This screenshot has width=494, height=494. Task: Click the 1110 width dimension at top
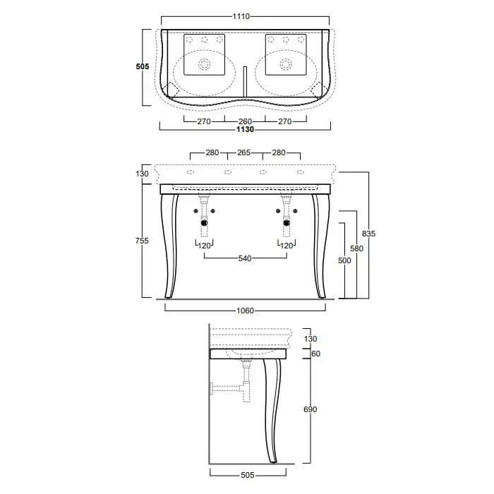coord(241,16)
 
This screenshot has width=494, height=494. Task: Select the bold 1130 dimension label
coord(245,129)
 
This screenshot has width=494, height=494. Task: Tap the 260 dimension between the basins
coord(245,121)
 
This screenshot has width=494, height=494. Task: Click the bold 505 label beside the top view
coord(143,66)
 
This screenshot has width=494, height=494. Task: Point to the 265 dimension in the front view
coord(244,152)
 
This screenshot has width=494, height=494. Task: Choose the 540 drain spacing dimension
coord(245,258)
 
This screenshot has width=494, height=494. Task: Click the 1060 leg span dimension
coord(245,311)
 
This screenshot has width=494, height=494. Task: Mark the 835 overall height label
coord(368,234)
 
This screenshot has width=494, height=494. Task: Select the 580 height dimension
coord(356,248)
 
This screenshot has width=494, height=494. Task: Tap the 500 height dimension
coord(344,260)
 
